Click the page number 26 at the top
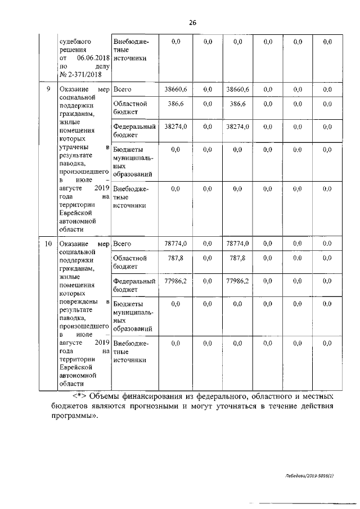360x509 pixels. [192, 22]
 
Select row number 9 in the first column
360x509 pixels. [48, 89]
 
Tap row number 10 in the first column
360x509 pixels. [48, 244]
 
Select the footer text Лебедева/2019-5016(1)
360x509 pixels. [309, 476]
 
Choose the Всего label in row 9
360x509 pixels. [122, 89]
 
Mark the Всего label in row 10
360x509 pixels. [122, 244]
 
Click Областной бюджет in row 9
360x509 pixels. [130, 108]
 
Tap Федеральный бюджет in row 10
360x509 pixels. [134, 285]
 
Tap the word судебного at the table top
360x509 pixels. [75, 42]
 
